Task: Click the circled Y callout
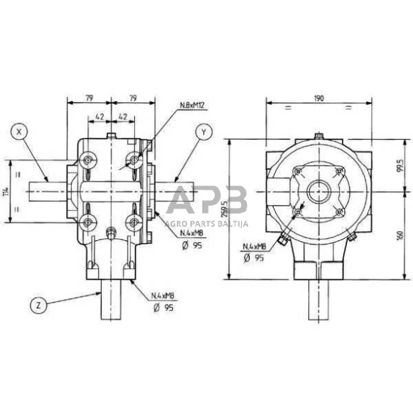pos(202,132)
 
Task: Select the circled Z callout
pos(40,305)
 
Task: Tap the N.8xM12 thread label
pos(192,107)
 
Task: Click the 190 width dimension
pos(319,100)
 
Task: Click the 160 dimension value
pos(400,236)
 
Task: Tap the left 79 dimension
pos(88,100)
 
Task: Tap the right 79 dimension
pos(132,100)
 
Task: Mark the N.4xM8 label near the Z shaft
pos(165,296)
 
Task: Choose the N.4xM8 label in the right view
pos(255,247)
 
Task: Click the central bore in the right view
pos(318,190)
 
